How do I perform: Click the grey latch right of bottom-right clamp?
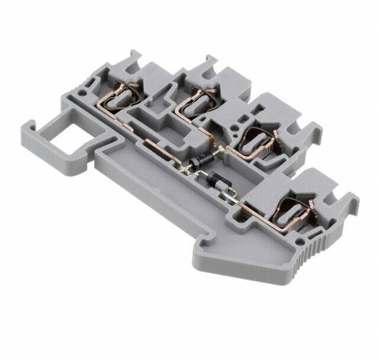tap(343, 201)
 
